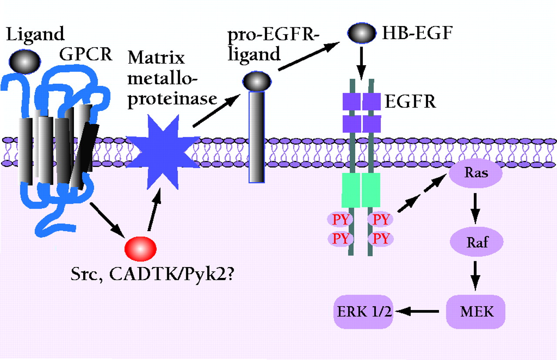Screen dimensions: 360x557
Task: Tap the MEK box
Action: (x=475, y=311)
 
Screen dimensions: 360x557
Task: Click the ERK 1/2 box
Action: (x=363, y=311)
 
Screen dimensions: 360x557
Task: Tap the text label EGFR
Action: (x=410, y=103)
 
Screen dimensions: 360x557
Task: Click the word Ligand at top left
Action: (x=35, y=34)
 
